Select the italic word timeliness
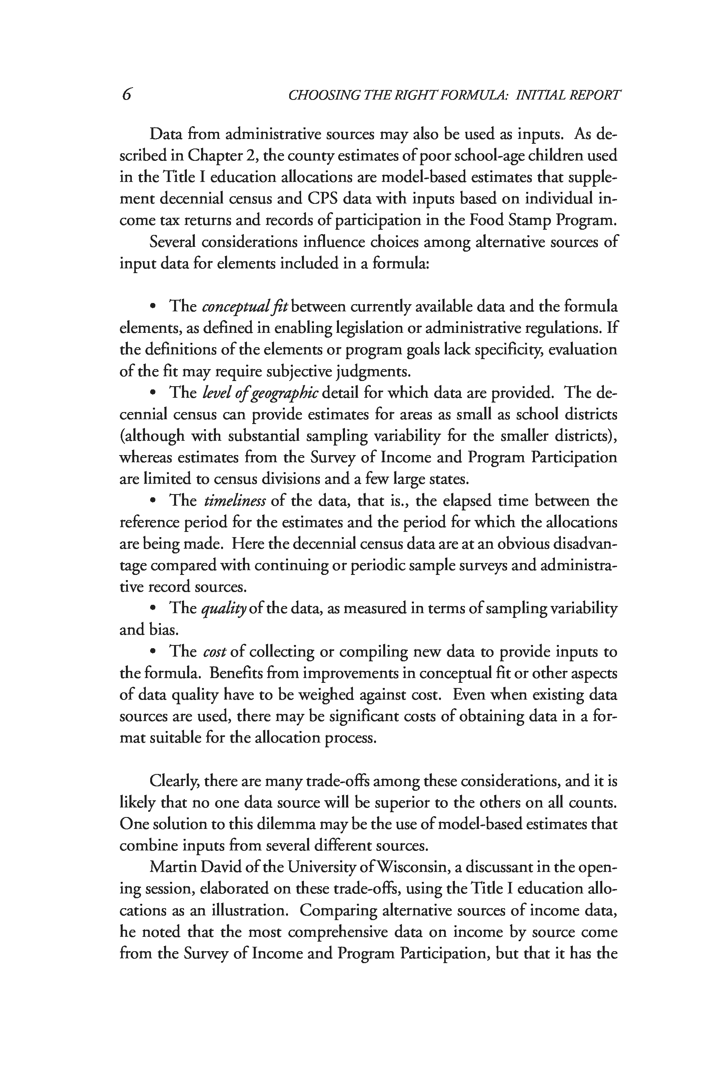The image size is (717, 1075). pyautogui.click(x=235, y=501)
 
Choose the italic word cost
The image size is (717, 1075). pyautogui.click(x=214, y=652)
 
